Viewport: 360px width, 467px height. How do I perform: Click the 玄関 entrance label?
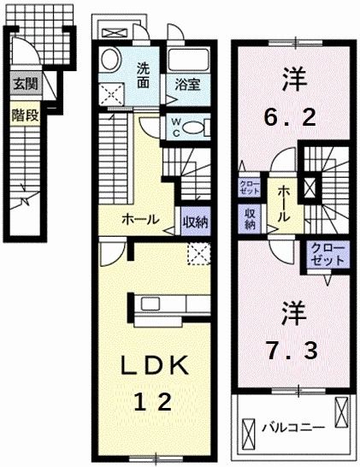coord(24,85)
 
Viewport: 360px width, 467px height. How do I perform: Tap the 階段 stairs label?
coord(24,114)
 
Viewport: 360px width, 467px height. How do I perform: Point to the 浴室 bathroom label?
coord(188,85)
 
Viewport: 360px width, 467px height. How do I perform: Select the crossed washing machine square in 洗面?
coord(110,92)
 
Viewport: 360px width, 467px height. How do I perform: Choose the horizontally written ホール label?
coord(140,219)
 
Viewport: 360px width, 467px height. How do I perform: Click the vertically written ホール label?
coord(282,204)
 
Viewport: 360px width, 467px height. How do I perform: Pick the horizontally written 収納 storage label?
coord(194,219)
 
